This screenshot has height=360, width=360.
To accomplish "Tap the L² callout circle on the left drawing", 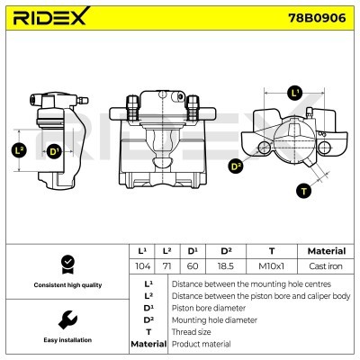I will [22, 150].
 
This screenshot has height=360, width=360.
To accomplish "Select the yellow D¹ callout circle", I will [54, 150].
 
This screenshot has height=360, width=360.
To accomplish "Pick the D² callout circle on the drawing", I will [237, 166].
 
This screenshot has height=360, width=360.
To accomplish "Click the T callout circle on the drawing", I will [304, 190].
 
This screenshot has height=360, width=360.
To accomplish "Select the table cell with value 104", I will [141, 267].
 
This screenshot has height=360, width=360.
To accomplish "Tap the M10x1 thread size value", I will [271, 267].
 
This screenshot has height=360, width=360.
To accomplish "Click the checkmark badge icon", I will [65, 264].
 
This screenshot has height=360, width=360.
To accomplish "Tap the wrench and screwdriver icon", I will [65, 319].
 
